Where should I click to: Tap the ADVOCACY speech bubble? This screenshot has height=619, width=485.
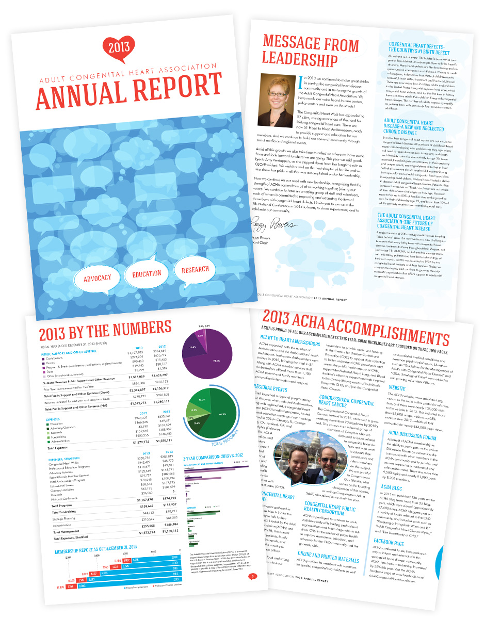point(97,278)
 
